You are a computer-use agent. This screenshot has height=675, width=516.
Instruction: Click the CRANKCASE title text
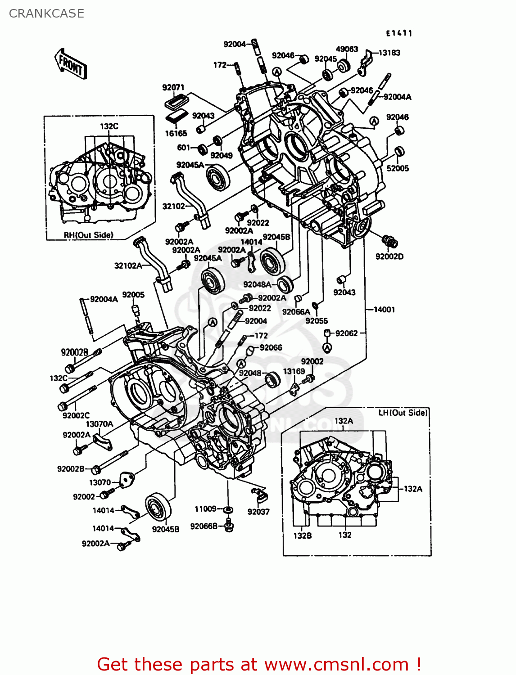tap(46, 13)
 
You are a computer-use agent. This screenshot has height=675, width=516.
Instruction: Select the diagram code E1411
tap(399, 33)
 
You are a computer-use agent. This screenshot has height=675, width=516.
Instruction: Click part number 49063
tap(347, 49)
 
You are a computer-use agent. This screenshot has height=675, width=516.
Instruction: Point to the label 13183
tap(389, 53)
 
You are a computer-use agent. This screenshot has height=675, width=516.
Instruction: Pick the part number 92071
tap(173, 87)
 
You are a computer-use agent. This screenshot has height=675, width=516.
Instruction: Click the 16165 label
tap(176, 133)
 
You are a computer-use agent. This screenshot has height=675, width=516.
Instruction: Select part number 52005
tap(398, 168)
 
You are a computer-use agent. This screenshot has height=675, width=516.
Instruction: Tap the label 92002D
tap(389, 256)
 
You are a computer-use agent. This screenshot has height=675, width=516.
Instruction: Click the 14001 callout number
tap(384, 310)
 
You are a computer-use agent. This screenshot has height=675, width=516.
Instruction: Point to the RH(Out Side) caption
tap(88, 235)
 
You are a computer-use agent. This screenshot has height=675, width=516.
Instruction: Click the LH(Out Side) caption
tap(403, 413)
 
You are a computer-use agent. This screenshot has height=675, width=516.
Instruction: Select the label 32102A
tap(128, 265)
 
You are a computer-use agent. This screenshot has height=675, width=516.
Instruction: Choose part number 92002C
tap(76, 415)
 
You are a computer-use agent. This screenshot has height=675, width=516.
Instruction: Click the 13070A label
tap(100, 424)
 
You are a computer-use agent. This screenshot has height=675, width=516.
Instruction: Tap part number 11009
tap(205, 509)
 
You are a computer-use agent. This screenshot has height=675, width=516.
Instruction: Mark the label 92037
tap(258, 512)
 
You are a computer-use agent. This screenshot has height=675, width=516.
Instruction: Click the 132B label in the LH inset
tap(303, 535)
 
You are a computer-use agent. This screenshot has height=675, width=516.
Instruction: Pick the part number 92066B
tap(204, 526)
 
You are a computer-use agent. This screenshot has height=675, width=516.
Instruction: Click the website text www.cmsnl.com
tap(336, 665)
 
